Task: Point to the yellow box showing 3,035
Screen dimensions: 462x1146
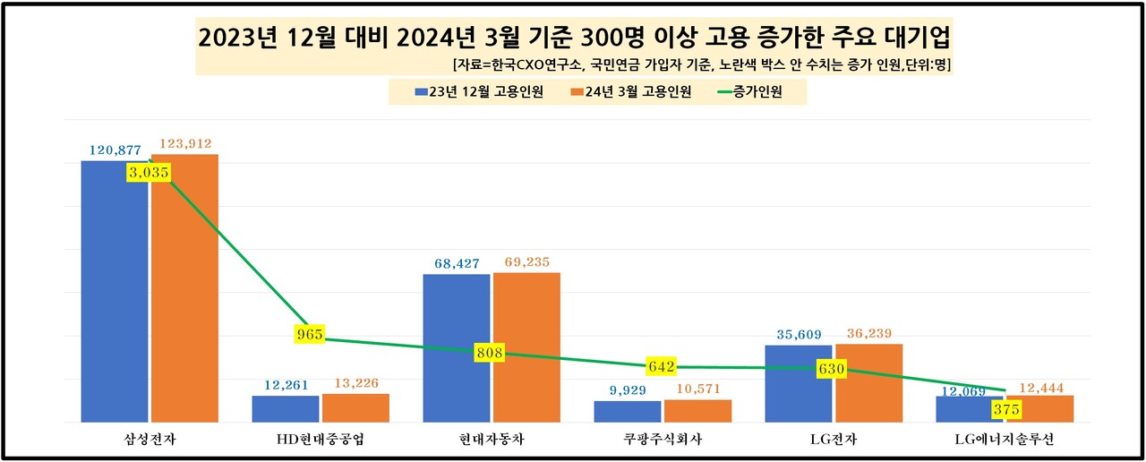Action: [x=149, y=173]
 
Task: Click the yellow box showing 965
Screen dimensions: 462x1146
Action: [x=309, y=335]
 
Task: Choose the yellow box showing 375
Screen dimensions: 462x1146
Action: [x=1007, y=409]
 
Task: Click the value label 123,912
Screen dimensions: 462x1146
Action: [x=185, y=144]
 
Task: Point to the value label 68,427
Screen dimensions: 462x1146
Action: [x=457, y=264]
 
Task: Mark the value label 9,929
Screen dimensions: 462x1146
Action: [x=628, y=390]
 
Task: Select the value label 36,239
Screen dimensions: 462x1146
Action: [x=868, y=334]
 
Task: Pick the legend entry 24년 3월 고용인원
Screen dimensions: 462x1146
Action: [x=629, y=92]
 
